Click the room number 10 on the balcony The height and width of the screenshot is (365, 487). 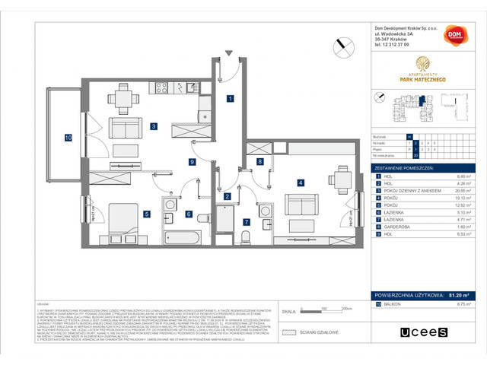tap(68, 138)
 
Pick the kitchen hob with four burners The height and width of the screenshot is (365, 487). tap(162, 87)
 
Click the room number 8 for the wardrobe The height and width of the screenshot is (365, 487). tap(259, 161)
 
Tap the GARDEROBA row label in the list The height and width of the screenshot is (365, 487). tap(399, 225)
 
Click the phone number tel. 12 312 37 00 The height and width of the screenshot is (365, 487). tap(397, 45)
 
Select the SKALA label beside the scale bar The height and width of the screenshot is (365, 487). tap(288, 312)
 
